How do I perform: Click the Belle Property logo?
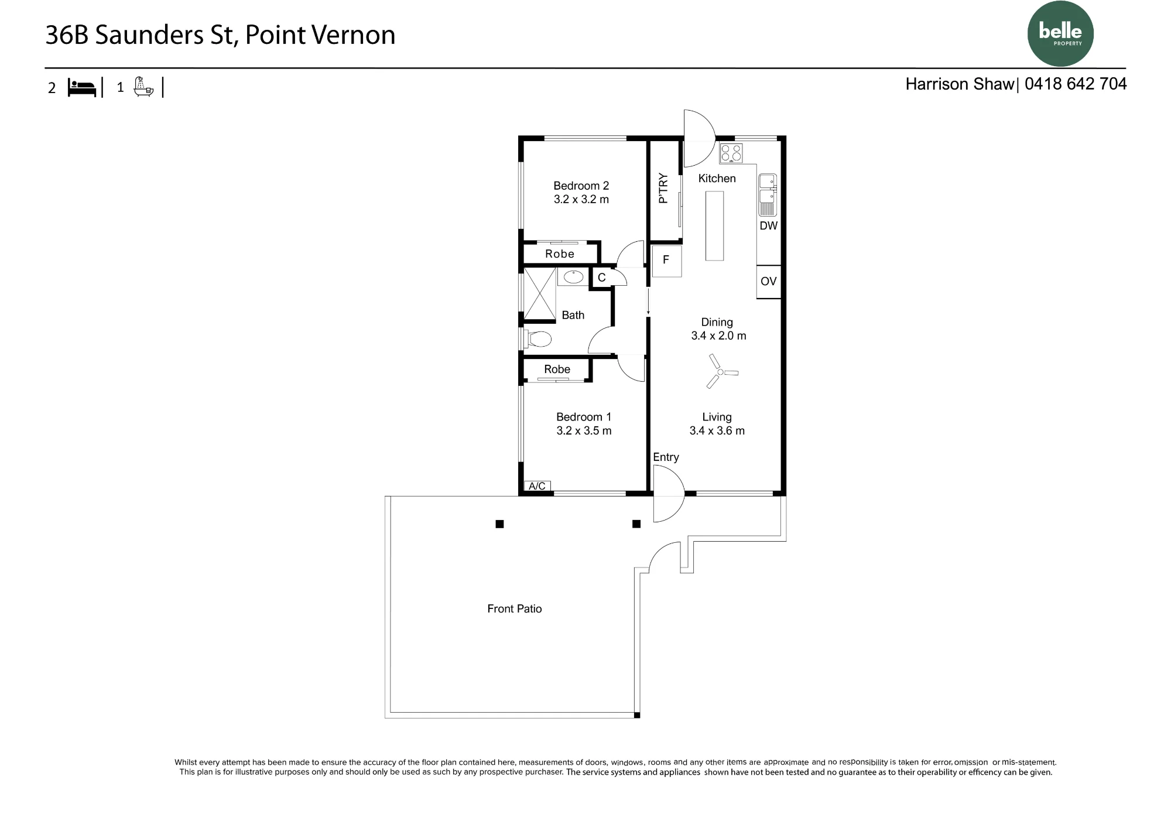pos(1060,33)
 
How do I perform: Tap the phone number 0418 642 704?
pos(1076,84)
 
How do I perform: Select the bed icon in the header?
pos(82,88)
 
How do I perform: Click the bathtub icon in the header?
pos(143,87)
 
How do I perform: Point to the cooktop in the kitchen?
pos(731,153)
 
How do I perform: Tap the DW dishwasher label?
pos(768,226)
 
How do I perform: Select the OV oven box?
pos(769,282)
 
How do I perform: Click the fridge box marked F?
pos(667,261)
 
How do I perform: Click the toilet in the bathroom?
pos(537,339)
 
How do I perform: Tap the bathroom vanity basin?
pos(573,276)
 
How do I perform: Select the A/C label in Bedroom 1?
pos(537,486)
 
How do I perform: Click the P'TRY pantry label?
pos(663,188)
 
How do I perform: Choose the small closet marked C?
pos(601,278)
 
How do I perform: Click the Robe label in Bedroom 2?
pos(560,254)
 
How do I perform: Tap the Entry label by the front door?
pos(666,457)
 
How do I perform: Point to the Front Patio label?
pos(515,609)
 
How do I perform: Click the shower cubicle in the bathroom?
pos(539,294)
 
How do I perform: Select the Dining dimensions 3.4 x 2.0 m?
pos(718,336)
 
